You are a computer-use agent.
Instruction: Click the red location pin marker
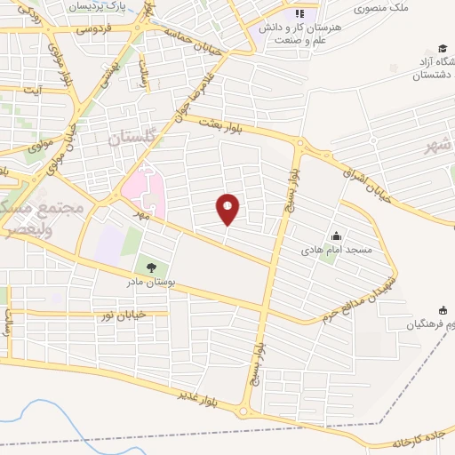228,209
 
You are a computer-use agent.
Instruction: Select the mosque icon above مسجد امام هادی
337,236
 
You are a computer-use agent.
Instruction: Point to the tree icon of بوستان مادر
150,266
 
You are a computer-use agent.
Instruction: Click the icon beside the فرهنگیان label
443,310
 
